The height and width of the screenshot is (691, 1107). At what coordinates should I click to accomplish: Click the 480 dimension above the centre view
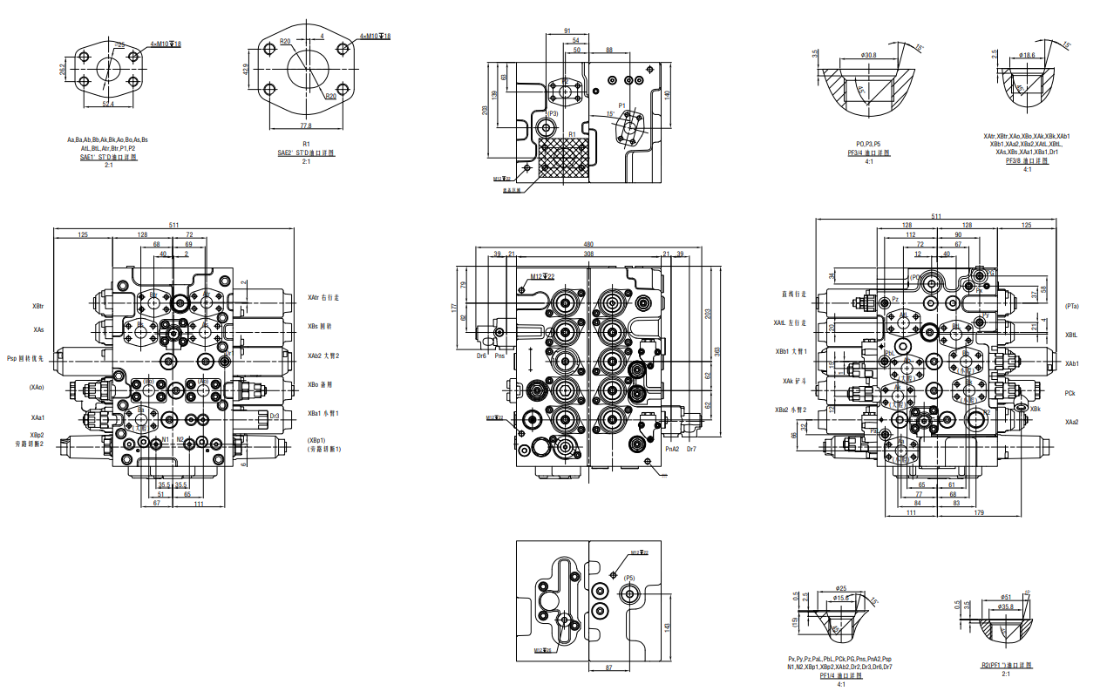coord(588,244)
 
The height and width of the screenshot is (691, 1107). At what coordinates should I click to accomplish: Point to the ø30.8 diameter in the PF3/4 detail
coord(868,56)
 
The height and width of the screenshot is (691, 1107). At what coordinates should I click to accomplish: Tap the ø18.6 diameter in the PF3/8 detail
coord(1026,55)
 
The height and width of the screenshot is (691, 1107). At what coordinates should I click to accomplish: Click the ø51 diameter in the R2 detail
coord(1006,597)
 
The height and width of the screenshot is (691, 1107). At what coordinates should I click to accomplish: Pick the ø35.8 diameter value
coord(1006,606)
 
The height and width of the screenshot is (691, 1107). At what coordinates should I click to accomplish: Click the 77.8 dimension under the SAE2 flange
coord(306,125)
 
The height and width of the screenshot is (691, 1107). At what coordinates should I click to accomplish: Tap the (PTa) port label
coord(1072,306)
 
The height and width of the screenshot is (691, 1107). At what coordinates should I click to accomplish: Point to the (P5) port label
coord(629,578)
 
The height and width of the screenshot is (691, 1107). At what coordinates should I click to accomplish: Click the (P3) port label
coord(553,113)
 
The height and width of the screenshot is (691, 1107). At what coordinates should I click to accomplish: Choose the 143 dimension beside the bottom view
coord(667,627)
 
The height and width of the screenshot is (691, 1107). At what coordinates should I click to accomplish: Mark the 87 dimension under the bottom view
coord(609,667)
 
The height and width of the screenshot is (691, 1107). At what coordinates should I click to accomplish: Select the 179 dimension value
coord(979,512)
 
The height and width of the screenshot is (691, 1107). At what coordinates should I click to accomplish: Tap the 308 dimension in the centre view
coord(588,254)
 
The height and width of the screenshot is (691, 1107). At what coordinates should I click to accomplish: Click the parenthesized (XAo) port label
coord(37,387)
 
